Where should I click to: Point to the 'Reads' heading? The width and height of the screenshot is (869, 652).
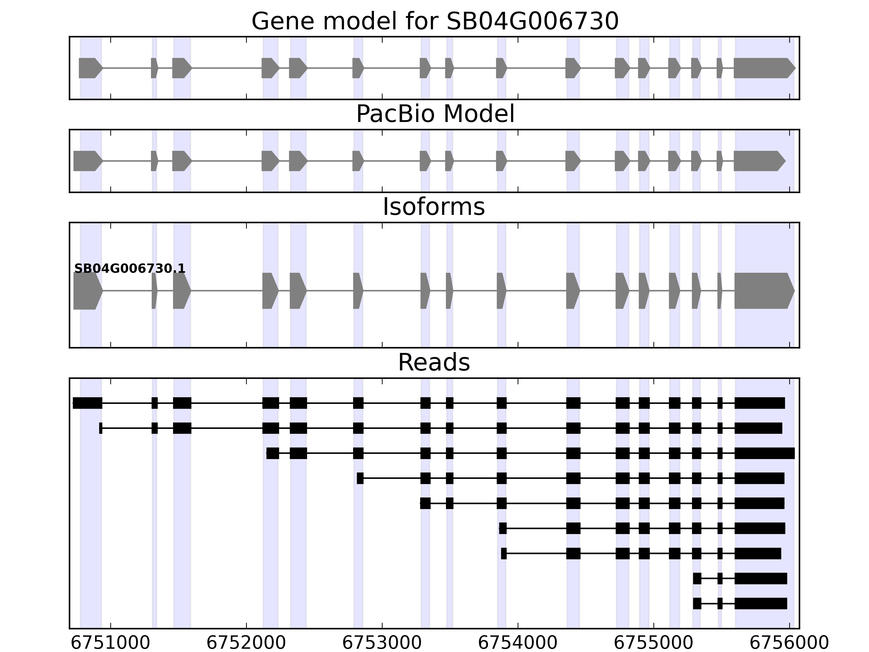434,362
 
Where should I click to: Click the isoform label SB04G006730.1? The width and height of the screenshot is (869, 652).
130,269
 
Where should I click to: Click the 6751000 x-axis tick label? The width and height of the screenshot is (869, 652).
111,643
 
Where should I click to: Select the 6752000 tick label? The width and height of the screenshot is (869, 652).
246,643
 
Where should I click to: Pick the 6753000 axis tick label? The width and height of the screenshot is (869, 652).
382,643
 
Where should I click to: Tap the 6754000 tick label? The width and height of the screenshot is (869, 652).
518,643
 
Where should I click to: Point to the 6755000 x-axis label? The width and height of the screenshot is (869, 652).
653,643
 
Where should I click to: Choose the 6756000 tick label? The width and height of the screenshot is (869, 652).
789,643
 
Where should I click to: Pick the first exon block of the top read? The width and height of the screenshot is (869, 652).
88,403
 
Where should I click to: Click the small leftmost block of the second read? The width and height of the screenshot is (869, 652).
100,428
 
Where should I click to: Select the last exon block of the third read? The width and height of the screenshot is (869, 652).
764,453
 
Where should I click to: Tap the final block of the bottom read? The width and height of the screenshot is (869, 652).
761,603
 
